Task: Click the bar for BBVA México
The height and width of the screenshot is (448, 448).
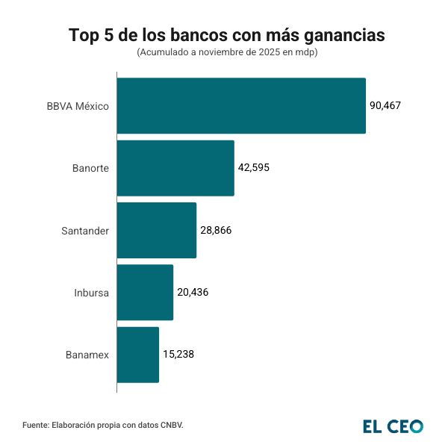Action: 241,106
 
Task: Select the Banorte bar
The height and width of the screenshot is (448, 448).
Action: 175,168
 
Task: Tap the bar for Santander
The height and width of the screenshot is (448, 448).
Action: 157,230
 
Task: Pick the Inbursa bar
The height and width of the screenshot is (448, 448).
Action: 145,292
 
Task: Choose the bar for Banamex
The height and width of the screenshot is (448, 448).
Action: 138,355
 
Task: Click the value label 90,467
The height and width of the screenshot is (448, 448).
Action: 385,105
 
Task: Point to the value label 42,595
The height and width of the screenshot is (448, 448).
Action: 254,168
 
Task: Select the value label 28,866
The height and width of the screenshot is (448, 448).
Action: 216,230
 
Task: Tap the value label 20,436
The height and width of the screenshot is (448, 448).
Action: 193,292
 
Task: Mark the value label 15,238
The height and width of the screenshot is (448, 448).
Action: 178,355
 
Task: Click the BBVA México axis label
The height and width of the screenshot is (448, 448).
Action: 78,106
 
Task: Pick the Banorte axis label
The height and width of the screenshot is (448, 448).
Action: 90,168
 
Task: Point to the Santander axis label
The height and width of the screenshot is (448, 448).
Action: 85,231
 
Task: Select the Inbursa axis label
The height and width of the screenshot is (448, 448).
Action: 91,293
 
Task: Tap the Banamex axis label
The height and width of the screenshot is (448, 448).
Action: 87,355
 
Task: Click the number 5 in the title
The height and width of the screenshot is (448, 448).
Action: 106,35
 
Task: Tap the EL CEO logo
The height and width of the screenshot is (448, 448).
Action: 393,426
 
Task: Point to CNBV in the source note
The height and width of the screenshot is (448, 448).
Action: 170,426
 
